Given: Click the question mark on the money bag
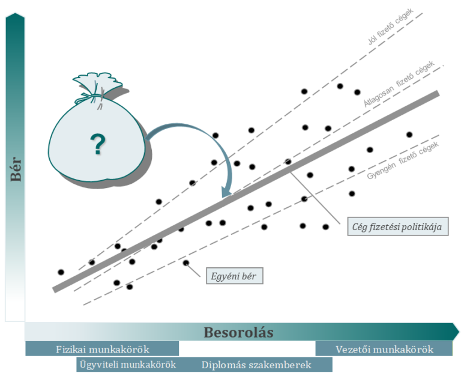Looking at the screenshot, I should [96, 145].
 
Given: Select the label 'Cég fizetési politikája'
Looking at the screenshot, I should [398, 227].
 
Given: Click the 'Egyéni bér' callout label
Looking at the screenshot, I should [235, 276].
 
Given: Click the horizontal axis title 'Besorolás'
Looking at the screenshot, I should [238, 332].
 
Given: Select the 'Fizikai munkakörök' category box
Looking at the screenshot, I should [102, 349].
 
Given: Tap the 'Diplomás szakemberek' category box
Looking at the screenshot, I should [256, 365].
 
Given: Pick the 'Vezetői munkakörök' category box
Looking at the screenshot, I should [384, 349].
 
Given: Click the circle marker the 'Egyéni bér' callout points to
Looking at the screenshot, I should [185, 262].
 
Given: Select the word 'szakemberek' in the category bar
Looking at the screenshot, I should [283, 365].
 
